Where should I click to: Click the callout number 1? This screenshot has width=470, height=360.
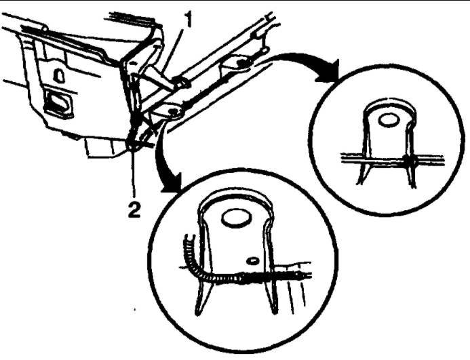coord(188,20)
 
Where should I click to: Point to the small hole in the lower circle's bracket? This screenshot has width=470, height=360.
coord(252,259)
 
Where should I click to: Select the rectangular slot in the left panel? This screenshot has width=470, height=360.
coord(58,106)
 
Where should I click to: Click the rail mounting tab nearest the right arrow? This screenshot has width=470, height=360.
coord(237,64)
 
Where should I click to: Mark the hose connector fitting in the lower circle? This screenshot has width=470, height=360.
coord(244,277)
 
